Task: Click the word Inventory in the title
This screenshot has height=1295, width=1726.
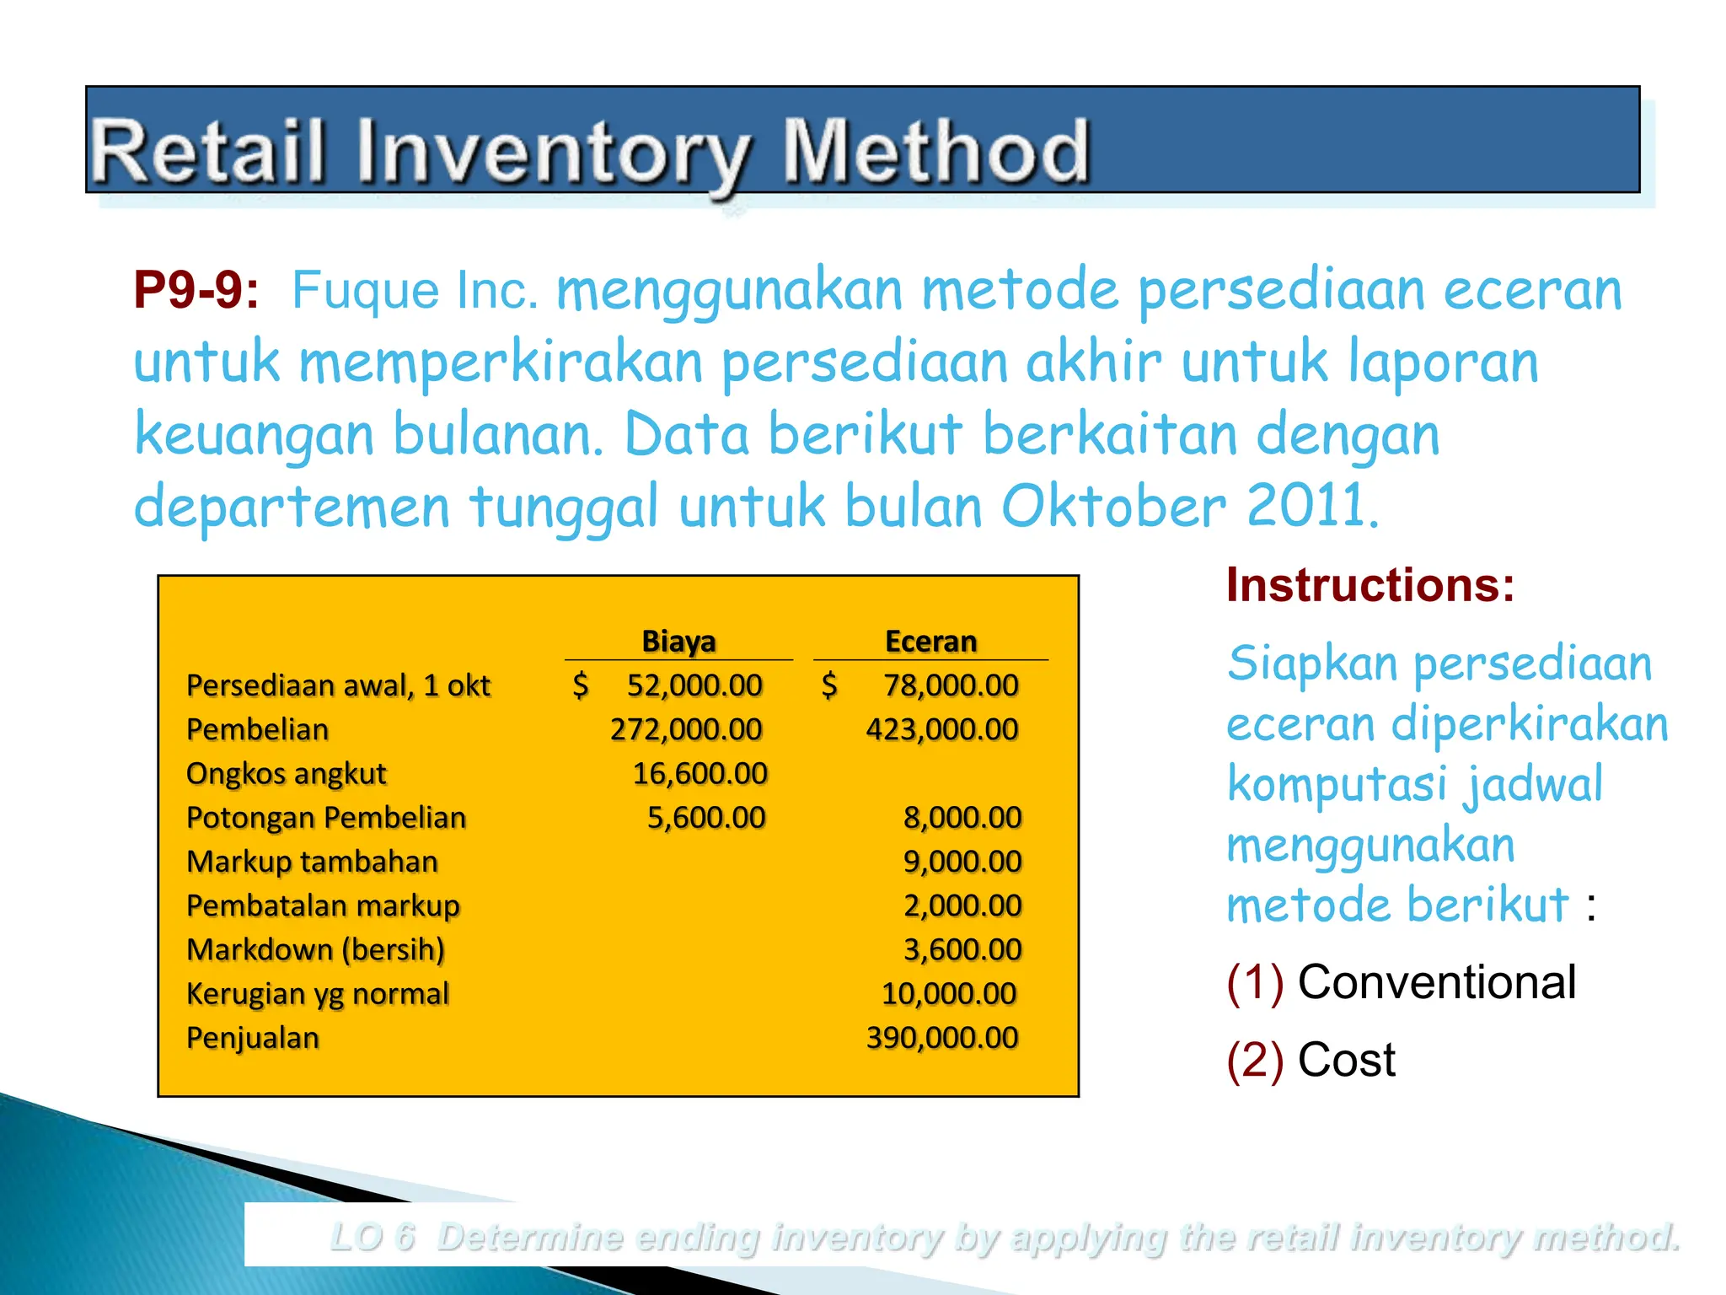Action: click(551, 152)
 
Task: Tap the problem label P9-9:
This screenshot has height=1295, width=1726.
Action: click(196, 290)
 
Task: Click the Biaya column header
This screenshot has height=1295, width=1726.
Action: click(678, 641)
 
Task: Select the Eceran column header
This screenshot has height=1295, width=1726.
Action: click(930, 641)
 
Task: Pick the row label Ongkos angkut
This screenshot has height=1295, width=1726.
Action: click(286, 773)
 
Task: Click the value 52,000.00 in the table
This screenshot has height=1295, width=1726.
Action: click(694, 685)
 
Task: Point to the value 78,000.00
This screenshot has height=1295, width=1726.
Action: click(951, 685)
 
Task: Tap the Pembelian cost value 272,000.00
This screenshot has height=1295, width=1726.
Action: click(686, 729)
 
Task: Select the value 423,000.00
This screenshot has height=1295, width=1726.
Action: click(942, 729)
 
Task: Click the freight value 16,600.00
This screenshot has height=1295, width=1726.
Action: click(700, 773)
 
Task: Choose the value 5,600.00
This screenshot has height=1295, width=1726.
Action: click(706, 817)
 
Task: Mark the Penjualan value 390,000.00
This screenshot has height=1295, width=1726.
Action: click(942, 1037)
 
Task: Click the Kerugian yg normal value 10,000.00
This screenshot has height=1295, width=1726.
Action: click(949, 993)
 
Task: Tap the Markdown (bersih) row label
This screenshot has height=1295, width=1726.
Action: click(315, 949)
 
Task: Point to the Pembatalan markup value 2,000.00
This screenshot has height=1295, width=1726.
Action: click(962, 905)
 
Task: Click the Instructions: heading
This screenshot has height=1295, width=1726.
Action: click(1370, 584)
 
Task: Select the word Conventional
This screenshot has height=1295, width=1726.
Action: click(1436, 982)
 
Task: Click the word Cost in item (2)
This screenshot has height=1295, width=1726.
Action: click(1346, 1060)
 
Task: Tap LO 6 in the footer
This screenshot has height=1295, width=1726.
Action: click(373, 1237)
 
